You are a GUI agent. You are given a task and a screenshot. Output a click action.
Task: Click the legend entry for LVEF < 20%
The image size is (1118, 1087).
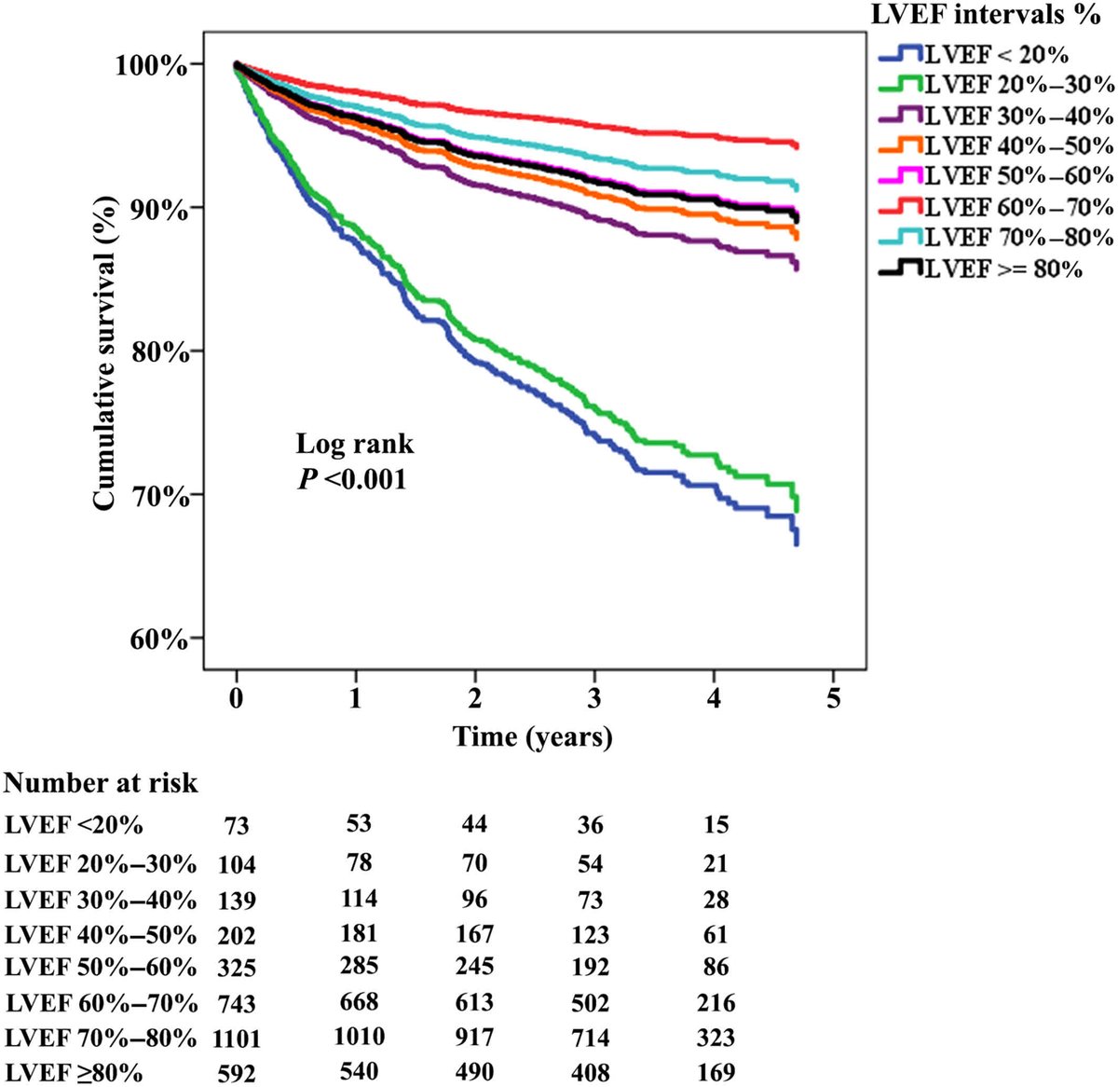[x=995, y=54]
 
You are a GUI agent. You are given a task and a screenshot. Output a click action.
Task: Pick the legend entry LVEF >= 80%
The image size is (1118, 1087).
[x=1002, y=268]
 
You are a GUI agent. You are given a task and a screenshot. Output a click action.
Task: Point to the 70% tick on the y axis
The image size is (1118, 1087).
[x=151, y=495]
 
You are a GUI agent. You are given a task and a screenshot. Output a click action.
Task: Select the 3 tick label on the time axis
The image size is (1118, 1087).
[x=594, y=698]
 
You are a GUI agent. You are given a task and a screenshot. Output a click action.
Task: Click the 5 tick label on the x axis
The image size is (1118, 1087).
[x=833, y=698]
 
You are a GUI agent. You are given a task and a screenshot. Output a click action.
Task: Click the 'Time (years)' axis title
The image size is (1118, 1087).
[x=533, y=736]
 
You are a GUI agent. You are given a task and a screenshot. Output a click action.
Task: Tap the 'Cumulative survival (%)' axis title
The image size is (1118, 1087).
[x=104, y=341]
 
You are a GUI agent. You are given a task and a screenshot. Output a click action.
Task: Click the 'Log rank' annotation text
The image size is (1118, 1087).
[x=354, y=444]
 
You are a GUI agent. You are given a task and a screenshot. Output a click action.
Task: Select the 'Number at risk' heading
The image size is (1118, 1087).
[x=101, y=783]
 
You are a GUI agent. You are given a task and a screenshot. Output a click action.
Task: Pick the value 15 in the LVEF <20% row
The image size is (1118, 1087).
[x=716, y=825]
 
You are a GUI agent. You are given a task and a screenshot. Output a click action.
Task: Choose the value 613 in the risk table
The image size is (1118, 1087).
[x=474, y=1003]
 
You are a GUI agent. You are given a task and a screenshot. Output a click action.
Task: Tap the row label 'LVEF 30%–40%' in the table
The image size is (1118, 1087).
[x=101, y=901]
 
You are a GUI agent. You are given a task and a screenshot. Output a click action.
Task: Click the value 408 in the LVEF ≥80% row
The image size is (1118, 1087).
[x=590, y=1073]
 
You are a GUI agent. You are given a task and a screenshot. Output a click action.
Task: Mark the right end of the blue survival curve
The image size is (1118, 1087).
[x=797, y=543]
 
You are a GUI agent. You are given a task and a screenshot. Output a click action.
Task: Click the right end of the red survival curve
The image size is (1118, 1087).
[x=797, y=146]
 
